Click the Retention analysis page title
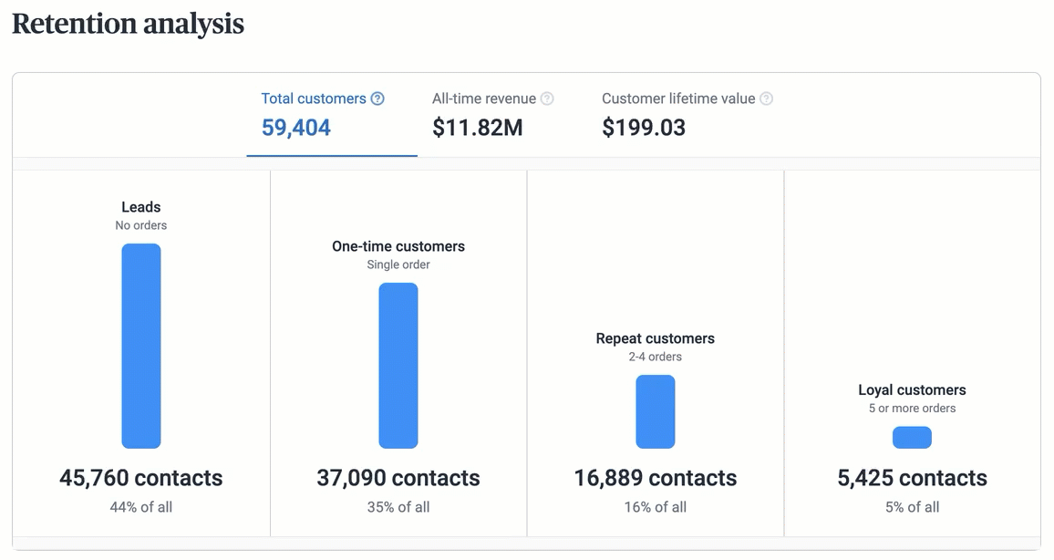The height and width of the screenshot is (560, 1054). (128, 24)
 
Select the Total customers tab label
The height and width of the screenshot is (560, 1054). (314, 99)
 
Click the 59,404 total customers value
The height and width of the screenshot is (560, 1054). (296, 128)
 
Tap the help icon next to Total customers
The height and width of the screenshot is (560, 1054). (377, 99)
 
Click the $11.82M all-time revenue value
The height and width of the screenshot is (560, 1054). (478, 128)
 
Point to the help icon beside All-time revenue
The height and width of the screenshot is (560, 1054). (547, 99)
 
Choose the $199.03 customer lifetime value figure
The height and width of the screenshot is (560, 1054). (644, 128)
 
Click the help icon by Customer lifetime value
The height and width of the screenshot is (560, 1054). (767, 99)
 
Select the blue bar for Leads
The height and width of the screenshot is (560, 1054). (141, 346)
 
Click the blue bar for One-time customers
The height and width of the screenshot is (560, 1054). (398, 365)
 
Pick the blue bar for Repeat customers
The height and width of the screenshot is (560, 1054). (656, 411)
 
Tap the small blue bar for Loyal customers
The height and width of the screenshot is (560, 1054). (912, 438)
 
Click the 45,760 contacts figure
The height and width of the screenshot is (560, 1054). (141, 478)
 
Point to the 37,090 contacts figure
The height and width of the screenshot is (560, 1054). (398, 478)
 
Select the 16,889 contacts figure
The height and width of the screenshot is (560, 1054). (656, 478)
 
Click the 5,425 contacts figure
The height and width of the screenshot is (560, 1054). (912, 478)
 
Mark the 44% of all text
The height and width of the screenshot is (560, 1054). (141, 507)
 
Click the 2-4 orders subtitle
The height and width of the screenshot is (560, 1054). (656, 357)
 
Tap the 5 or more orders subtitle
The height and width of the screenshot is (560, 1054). (912, 409)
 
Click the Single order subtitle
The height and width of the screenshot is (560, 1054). (398, 264)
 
